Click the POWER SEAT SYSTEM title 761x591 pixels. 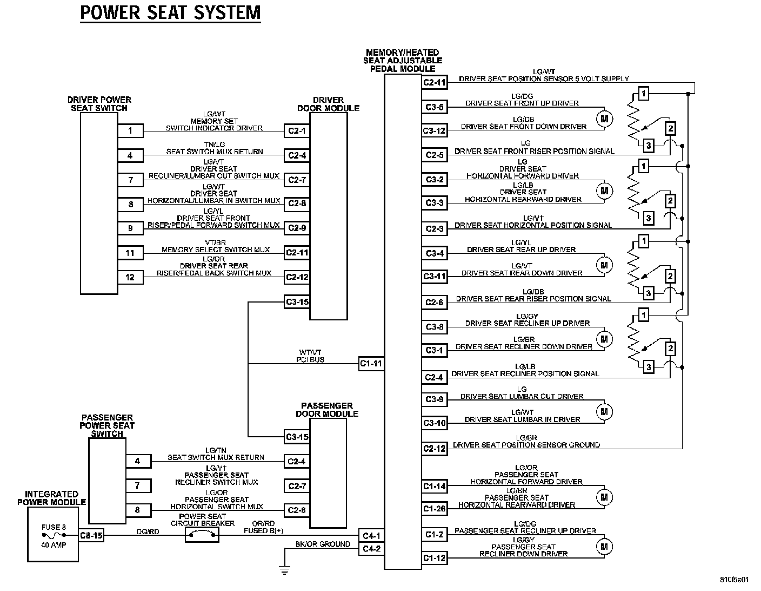click(170, 12)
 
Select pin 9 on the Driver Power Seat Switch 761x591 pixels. click(130, 228)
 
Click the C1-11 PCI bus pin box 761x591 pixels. click(371, 364)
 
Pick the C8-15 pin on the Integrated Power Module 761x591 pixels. click(91, 535)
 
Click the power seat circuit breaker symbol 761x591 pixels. click(202, 535)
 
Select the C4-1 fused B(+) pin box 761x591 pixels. click(371, 536)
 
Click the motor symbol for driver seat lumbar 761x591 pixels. click(604, 412)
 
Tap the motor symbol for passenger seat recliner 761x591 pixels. click(604, 547)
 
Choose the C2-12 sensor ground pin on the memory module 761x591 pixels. click(435, 448)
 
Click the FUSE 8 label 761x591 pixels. click(54, 527)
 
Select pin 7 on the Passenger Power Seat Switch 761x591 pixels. click(138, 485)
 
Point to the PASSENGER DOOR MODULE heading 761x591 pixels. click(327, 410)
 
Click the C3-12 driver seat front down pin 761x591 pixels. click(435, 130)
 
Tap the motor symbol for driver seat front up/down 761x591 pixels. click(604, 119)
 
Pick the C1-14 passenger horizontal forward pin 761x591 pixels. click(435, 486)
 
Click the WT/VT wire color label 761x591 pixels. click(311, 352)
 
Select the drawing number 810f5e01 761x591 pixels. click(736, 579)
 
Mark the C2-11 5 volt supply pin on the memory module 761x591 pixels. click(435, 82)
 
